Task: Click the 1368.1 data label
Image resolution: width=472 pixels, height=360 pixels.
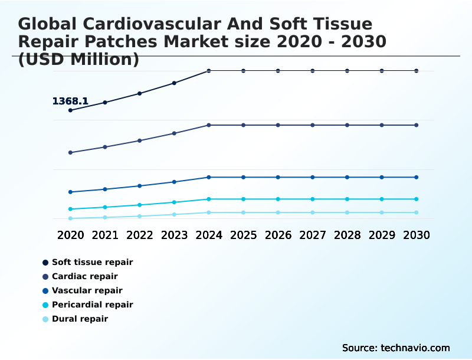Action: (70, 102)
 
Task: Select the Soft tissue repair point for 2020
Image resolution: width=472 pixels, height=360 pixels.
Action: (71, 110)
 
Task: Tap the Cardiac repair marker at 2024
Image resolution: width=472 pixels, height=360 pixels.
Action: (209, 125)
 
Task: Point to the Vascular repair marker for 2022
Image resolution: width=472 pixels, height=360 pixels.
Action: (140, 186)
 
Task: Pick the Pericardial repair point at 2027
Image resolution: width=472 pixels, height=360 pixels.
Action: (313, 199)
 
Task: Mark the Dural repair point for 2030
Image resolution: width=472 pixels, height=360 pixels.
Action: (417, 212)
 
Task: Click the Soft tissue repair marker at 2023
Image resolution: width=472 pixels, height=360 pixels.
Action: (174, 83)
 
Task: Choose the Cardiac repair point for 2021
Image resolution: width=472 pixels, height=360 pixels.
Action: (105, 147)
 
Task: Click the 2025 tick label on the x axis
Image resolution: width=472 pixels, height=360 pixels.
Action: (243, 235)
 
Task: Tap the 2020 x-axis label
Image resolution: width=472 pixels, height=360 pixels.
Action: (71, 235)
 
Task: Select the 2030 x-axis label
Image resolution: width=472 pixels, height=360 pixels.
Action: (417, 235)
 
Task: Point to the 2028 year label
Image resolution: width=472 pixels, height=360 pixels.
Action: (347, 235)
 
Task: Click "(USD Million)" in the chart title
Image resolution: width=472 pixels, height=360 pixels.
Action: (78, 60)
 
